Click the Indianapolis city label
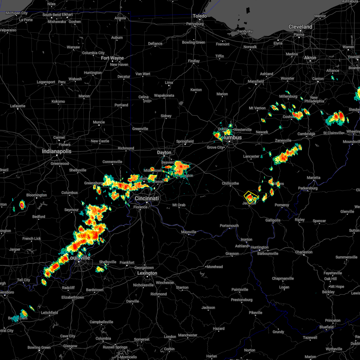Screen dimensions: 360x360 click(57, 151)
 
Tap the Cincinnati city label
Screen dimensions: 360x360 click(147, 199)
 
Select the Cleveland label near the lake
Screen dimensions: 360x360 click(300, 27)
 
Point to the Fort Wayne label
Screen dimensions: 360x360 click(112, 58)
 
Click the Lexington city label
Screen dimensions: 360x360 click(147, 273)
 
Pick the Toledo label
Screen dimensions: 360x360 click(200, 16)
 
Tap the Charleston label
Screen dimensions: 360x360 click(304, 252)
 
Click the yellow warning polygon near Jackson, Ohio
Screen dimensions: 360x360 click(251, 197)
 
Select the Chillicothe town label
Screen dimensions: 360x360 click(230, 183)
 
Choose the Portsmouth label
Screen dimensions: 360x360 click(229, 226)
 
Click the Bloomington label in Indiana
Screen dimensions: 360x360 click(37, 195)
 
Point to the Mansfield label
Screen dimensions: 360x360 click(256, 81)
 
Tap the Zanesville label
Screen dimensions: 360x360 click(283, 140)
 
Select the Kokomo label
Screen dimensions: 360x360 click(58, 101)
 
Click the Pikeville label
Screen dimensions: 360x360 click(256, 313)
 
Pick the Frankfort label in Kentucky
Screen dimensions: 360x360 click(127, 262)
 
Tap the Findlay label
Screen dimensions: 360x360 click(194, 61)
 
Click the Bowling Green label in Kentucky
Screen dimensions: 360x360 click(39, 347)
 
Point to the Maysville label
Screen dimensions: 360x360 click(189, 232)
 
